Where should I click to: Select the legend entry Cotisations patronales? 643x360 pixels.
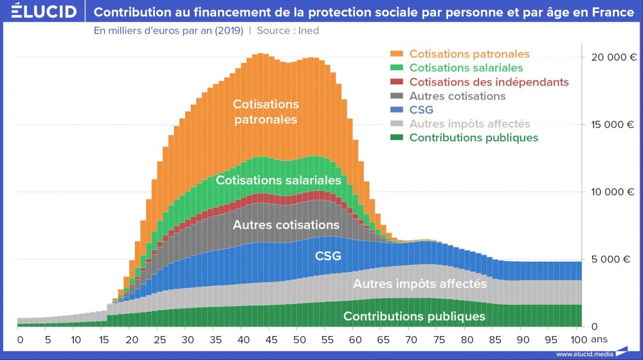469,54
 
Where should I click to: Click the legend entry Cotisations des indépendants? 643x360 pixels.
489,82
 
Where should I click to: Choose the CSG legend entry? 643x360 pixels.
421,110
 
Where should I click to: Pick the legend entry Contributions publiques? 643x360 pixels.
473,138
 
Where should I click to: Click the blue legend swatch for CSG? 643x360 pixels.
397,110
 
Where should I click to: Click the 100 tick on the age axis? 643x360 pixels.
578,339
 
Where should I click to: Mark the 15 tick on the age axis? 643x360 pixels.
104,339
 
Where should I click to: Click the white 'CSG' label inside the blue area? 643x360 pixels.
327,256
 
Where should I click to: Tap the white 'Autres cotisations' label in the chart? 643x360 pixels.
285,225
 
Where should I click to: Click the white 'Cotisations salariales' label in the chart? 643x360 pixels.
278,181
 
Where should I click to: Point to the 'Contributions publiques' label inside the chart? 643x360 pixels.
414,316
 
